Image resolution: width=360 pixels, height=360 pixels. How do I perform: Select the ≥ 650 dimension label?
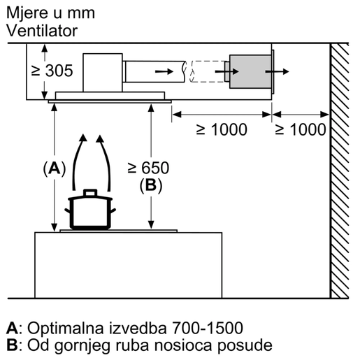click(148, 168)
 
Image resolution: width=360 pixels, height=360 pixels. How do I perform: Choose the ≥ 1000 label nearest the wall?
click(301, 129)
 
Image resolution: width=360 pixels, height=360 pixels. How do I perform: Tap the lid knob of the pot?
click(89, 191)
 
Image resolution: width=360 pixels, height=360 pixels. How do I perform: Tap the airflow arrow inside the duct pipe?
click(162, 71)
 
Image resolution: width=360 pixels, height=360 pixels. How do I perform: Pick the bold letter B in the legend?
click(12, 345)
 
